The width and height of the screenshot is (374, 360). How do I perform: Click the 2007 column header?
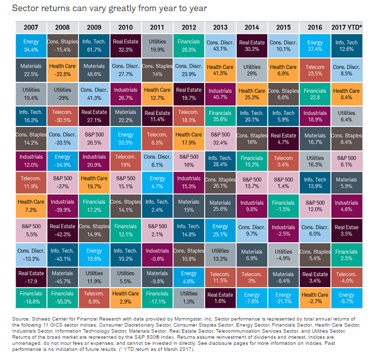coord(31,27)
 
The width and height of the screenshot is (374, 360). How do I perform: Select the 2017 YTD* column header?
coord(347,27)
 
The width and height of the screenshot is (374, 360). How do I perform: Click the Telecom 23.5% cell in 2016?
coord(315,69)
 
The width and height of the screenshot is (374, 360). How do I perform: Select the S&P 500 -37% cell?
coord(62,183)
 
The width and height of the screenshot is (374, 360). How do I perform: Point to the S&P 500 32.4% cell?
coord(220,138)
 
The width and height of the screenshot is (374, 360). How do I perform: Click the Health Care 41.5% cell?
coord(220,69)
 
